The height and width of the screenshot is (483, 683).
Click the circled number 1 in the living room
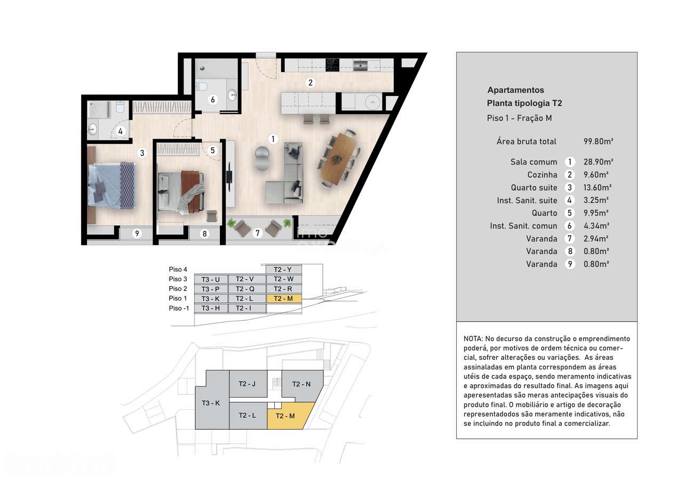click(x=273, y=139)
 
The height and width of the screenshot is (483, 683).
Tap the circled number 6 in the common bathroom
click(x=212, y=99)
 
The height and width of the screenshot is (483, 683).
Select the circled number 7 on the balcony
click(x=258, y=233)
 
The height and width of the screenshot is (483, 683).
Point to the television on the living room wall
click(x=229, y=175)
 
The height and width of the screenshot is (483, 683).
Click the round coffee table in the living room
click(x=262, y=159)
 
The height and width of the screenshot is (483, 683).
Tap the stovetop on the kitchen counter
click(x=332, y=65)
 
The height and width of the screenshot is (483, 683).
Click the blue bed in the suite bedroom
click(x=112, y=183)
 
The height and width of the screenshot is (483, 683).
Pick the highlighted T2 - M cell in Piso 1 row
click(x=283, y=298)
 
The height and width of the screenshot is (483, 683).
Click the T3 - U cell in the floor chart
click(x=211, y=279)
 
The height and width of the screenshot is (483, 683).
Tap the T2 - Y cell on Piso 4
click(x=283, y=270)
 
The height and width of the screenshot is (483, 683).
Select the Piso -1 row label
click(x=179, y=308)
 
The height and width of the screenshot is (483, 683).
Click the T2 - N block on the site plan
click(x=301, y=384)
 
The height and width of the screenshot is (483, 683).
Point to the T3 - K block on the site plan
click(x=211, y=403)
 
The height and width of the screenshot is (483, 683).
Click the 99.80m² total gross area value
click(x=598, y=141)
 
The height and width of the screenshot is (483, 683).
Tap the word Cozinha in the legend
click(x=542, y=175)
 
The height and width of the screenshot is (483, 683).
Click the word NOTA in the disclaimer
click(x=473, y=339)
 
